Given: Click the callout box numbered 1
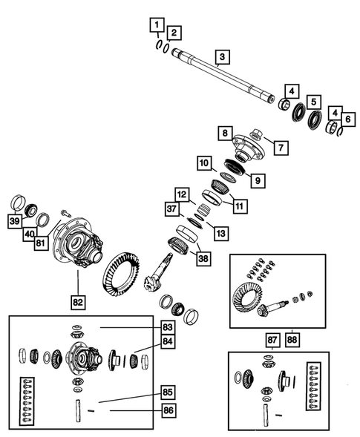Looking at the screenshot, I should tap(156, 27).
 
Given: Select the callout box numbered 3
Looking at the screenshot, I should tap(222, 56).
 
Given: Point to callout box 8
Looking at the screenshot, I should tap(223, 133).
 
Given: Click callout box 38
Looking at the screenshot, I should tap(200, 258).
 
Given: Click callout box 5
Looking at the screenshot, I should tap(315, 102).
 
